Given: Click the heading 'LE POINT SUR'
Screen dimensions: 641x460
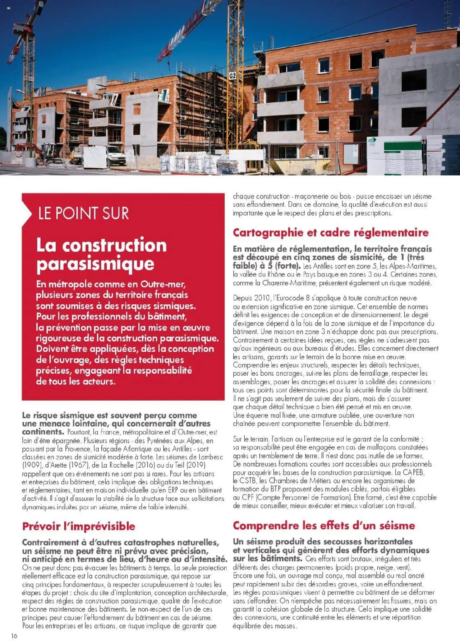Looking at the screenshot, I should coord(83,213).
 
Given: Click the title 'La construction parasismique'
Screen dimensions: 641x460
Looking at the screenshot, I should coord(101,254).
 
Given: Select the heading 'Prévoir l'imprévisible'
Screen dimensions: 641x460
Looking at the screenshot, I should coord(79,526).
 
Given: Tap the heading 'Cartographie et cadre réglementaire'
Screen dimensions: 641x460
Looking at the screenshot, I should coord(331,233).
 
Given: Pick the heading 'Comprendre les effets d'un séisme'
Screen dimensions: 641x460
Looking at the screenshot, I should coord(324,525).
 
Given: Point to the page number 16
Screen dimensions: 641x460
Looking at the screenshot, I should coord(14,636).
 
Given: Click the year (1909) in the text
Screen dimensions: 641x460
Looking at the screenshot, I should coord(32,465).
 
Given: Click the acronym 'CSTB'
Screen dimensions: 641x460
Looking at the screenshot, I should coord(248,481).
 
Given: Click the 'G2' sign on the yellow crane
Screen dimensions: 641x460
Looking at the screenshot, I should coord(233,76).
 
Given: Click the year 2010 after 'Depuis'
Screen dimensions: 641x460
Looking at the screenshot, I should coord(262,298).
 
